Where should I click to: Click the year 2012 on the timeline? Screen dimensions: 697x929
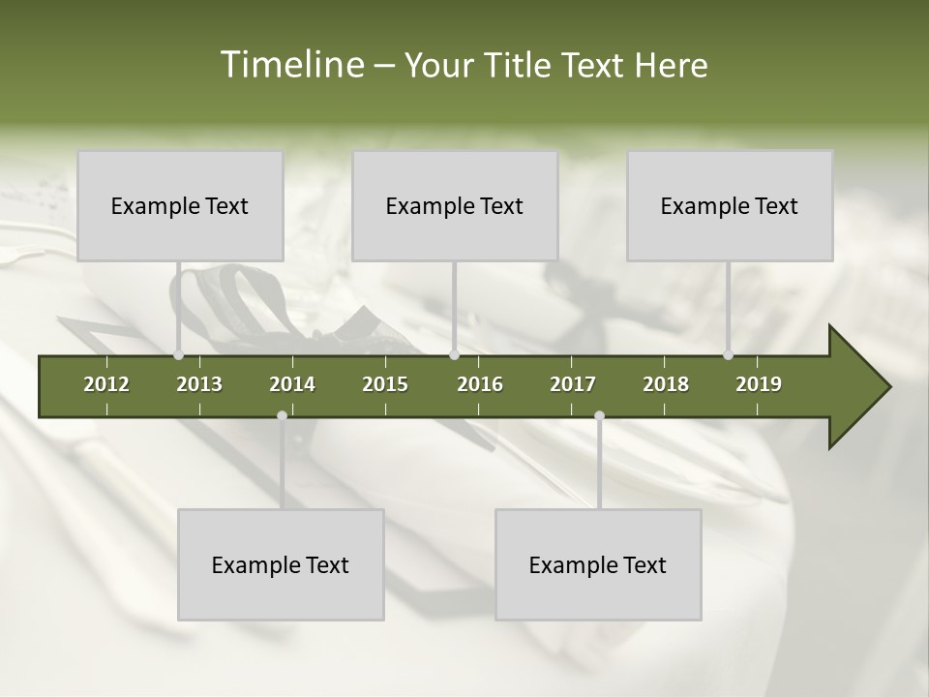106,384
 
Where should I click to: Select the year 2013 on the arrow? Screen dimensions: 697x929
199,384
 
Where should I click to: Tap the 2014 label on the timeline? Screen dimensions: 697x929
292,384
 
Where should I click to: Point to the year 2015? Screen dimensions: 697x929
385,384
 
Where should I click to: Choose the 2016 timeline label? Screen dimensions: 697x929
480,384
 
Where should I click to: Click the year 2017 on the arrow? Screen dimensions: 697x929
573,384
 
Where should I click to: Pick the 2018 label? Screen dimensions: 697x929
666,384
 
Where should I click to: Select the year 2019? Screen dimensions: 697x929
759,384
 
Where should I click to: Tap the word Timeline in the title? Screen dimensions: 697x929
290,65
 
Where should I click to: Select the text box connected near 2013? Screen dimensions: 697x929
180,205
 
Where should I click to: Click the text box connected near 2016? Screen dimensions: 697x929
455,205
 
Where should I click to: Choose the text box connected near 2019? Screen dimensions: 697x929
730,205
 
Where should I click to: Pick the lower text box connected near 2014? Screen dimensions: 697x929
281,564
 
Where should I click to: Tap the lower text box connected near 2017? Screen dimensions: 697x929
598,564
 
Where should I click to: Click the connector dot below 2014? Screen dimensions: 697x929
282,415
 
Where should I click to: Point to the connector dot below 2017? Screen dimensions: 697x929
599,415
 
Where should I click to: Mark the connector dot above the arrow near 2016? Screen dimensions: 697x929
454,354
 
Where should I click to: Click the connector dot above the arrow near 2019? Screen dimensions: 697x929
728,354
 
